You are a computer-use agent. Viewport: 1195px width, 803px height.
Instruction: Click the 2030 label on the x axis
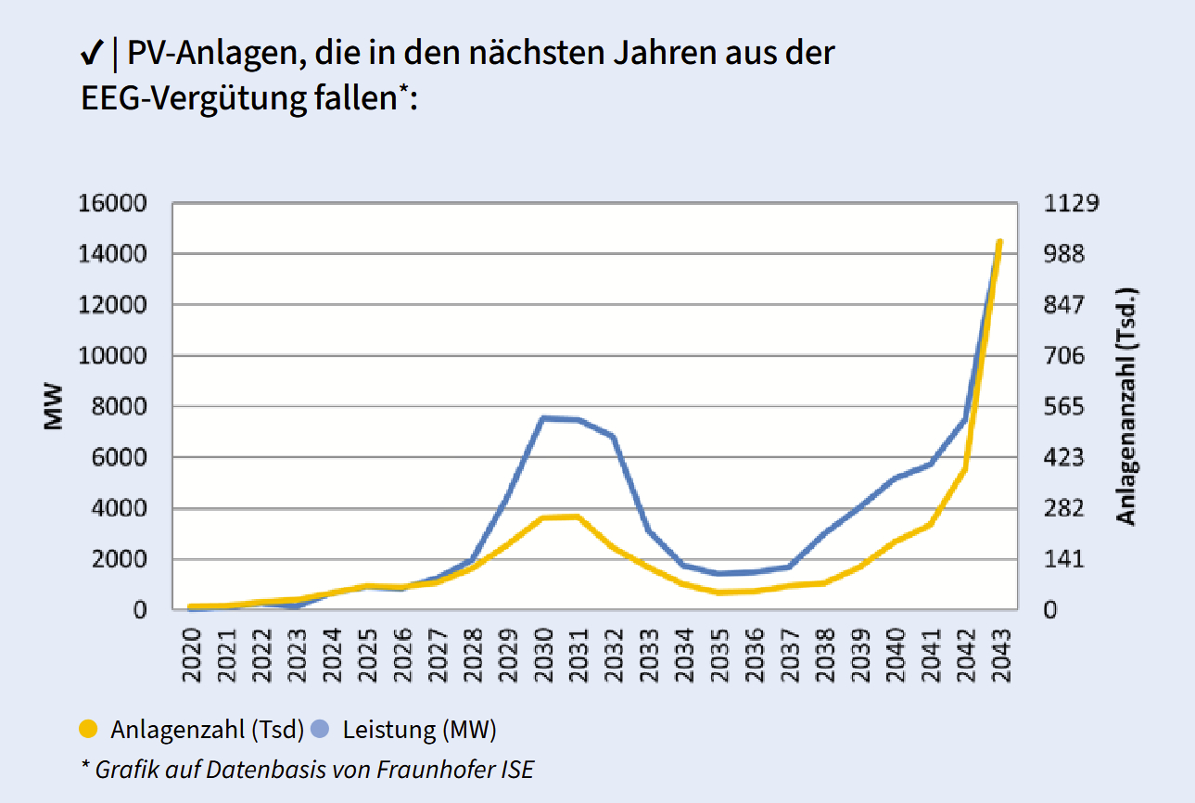pyautogui.click(x=544, y=656)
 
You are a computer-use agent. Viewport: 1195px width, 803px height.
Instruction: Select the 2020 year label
pyautogui.click(x=192, y=656)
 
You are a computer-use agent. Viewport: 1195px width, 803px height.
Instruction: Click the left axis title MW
pyautogui.click(x=53, y=406)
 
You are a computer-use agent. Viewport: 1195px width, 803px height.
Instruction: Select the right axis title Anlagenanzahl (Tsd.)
pyautogui.click(x=1125, y=406)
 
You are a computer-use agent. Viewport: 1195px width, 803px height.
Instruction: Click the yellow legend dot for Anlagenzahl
pyautogui.click(x=89, y=730)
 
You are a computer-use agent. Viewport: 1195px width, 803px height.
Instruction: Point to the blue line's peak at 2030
pyautogui.click(x=544, y=418)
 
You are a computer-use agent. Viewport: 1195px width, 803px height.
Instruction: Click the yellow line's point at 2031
pyautogui.click(x=578, y=516)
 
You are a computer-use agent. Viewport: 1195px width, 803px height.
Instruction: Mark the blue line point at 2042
pyautogui.click(x=965, y=419)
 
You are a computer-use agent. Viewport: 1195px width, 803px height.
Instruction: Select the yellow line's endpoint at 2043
pyautogui.click(x=999, y=242)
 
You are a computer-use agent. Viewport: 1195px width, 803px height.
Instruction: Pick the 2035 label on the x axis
pyautogui.click(x=719, y=656)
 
